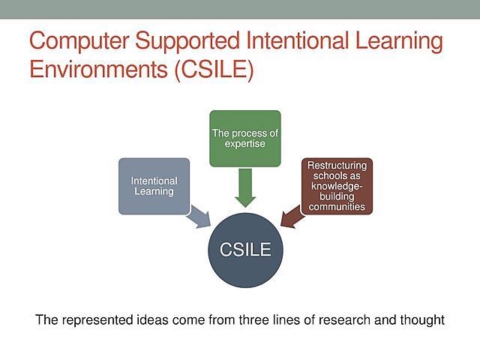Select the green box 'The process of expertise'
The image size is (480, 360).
(244, 139)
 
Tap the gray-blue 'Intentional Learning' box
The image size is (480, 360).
(154, 186)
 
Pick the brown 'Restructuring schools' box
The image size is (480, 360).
(337, 184)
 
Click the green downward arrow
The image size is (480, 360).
(244, 187)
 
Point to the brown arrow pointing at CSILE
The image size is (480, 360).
(292, 217)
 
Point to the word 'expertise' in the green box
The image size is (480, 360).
(244, 143)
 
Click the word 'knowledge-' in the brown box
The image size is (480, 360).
(337, 187)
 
